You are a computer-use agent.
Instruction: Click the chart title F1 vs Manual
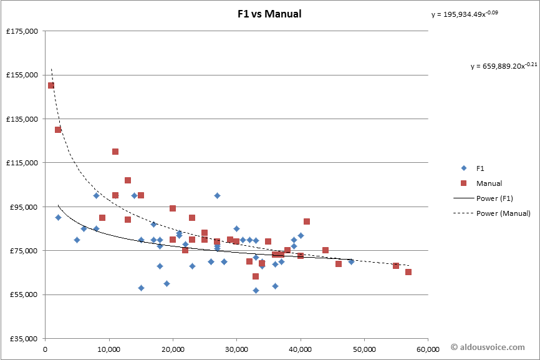tap(269, 14)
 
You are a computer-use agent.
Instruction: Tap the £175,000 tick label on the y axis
tap(21, 31)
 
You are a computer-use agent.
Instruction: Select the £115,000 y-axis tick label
tap(21, 163)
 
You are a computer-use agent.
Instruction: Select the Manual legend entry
tap(489, 183)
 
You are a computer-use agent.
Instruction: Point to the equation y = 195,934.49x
tap(465, 14)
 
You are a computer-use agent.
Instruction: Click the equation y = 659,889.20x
tap(503, 66)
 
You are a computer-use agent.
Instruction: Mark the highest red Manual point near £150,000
tap(51, 85)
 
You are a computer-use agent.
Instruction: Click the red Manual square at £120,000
tap(115, 152)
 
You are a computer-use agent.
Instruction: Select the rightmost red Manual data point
tap(408, 272)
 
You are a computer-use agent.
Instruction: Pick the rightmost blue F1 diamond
tap(351, 262)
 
